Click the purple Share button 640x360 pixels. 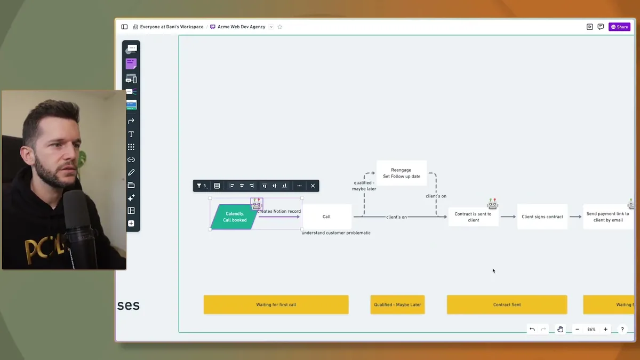coord(619,27)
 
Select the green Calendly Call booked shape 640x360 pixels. coord(234,217)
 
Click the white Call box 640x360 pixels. coord(326,217)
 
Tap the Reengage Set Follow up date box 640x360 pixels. coord(401,173)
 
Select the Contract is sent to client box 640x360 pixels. coord(473,217)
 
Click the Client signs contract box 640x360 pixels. coord(542,217)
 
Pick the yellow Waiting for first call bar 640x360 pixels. coord(276,305)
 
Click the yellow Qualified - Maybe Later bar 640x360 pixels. coord(397,305)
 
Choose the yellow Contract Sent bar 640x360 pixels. coord(507,305)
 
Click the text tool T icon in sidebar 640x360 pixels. coord(131,134)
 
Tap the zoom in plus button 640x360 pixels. coord(605,330)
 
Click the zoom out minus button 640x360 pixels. coord(577,330)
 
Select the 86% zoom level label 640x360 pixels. coord(591,330)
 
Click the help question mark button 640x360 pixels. coord(622,330)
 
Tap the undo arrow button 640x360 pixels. coord(532,330)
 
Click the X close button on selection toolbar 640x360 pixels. coord(313,186)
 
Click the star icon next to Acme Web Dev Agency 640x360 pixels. coord(279,27)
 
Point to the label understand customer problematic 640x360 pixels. coord(336,233)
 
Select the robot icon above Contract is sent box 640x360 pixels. coord(492,204)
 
